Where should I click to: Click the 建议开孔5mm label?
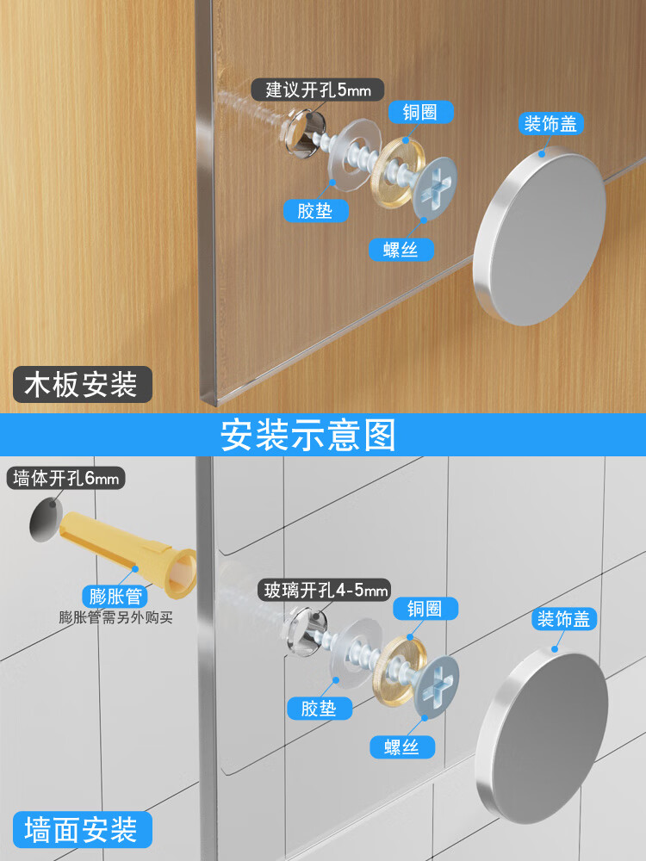(x=318, y=89)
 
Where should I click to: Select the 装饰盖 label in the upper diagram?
(x=551, y=124)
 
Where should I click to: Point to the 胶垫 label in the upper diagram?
(x=314, y=210)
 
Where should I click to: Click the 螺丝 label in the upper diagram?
(x=401, y=251)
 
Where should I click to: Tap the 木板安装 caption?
(x=83, y=384)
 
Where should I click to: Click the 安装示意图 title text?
(x=308, y=435)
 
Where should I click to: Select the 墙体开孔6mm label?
(x=65, y=479)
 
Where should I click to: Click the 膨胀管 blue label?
(x=115, y=596)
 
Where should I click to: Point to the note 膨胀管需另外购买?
(x=116, y=617)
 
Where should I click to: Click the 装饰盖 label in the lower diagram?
(x=566, y=618)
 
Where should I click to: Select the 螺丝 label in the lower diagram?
(x=401, y=746)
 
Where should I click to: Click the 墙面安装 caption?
(x=81, y=830)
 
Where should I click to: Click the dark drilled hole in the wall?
(x=46, y=520)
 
